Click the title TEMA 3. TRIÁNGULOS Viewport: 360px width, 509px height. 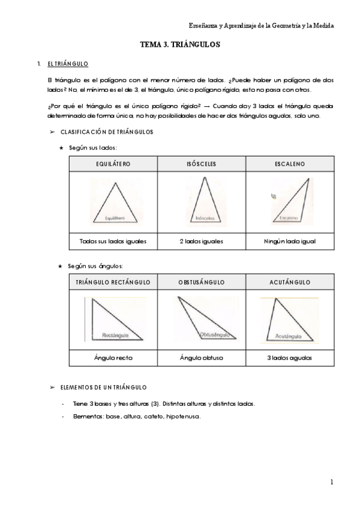[180, 44]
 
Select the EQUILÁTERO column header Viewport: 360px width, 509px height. [113, 163]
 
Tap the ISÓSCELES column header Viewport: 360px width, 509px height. [201, 163]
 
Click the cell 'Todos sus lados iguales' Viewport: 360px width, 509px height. [113, 241]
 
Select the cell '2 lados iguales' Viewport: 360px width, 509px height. [201, 241]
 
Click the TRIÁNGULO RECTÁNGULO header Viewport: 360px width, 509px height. [113, 282]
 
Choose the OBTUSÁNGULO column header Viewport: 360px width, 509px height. [201, 282]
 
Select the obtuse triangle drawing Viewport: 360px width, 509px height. [202, 318]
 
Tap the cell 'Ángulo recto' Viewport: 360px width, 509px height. [113, 358]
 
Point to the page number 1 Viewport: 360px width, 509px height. [331, 481]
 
